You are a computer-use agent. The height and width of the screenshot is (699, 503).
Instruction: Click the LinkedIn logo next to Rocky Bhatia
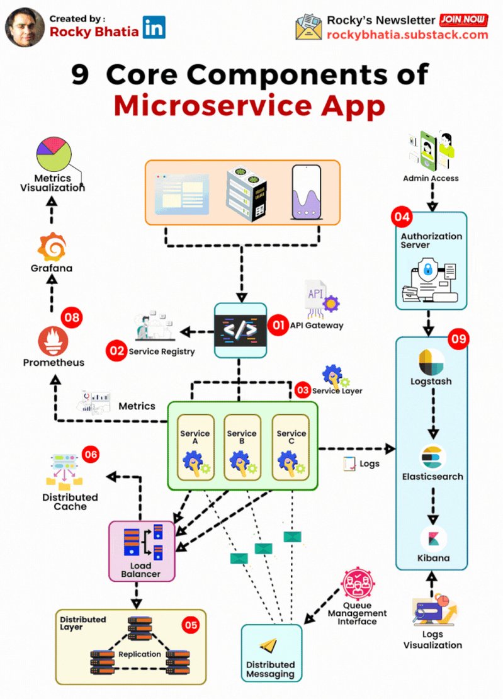154,28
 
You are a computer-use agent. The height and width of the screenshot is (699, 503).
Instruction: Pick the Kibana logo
433,538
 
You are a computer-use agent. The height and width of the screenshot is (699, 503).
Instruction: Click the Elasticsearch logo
433,457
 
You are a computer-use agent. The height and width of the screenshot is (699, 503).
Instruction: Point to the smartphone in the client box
306,192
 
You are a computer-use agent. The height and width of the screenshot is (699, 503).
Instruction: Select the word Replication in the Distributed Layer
140,654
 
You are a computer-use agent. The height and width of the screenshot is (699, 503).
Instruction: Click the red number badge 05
191,625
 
